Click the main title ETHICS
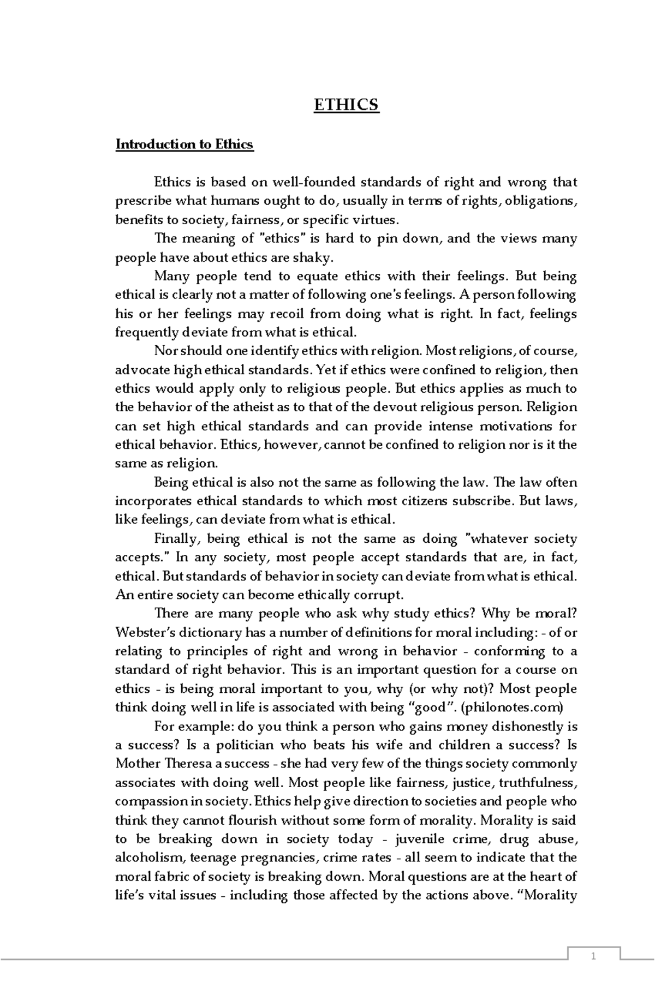tap(346, 105)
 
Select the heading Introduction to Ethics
tap(184, 145)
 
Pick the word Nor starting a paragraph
tap(165, 351)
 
